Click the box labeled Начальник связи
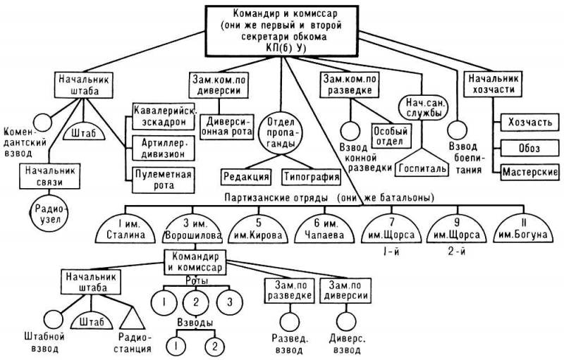49,176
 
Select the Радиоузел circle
49,213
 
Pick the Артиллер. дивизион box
164,148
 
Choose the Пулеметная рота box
164,180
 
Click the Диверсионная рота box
227,126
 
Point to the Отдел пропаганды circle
281,133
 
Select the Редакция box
246,177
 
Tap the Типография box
311,177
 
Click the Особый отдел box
392,136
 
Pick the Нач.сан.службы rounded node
423,108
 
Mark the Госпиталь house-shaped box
422,163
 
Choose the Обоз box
530,148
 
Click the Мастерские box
530,172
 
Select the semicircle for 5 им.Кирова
258,230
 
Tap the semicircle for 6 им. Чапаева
324,230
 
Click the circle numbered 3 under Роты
230,302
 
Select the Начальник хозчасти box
493,84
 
